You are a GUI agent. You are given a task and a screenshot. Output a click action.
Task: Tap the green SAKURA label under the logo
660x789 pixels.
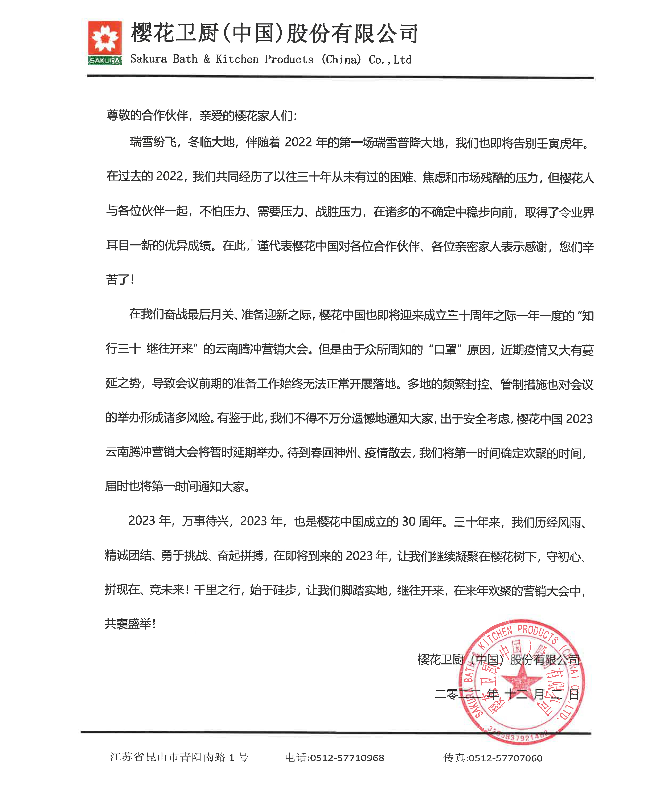coord(105,60)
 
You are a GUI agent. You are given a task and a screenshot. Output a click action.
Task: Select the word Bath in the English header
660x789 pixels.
coord(185,59)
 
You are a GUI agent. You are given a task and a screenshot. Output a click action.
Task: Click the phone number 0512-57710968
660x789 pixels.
coord(347,758)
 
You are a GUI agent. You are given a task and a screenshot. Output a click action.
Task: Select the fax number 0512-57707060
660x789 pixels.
coord(505,758)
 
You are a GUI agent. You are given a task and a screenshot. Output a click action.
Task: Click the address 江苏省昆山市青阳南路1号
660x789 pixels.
coord(179,757)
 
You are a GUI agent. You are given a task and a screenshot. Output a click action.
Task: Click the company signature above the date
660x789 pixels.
coord(499,660)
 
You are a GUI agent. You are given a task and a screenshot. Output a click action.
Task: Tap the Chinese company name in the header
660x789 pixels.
coord(274,33)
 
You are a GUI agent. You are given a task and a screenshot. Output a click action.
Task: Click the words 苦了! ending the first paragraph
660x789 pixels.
coord(120,280)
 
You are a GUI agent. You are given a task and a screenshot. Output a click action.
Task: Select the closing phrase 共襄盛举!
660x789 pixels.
coord(130,624)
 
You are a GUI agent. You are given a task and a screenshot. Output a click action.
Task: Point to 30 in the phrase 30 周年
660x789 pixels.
coord(409,521)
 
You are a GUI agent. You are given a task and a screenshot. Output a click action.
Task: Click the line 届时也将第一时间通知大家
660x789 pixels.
coord(177,487)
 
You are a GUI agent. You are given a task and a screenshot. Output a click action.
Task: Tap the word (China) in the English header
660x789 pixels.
coord(341,59)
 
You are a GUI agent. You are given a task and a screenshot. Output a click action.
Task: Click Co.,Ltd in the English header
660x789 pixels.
coord(390,60)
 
